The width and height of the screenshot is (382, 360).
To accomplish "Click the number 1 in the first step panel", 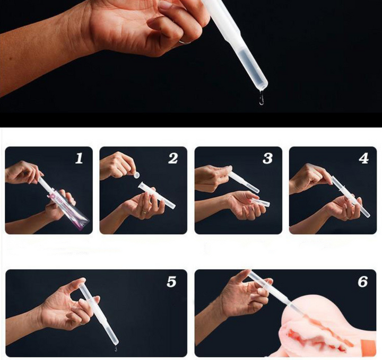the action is tap(79, 158).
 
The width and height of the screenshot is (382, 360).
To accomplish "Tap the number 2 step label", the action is tap(173, 158).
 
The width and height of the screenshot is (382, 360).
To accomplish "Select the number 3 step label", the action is tap(267, 158).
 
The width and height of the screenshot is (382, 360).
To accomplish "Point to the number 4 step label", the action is tap(363, 158).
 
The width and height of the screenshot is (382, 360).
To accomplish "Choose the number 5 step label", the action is tap(171, 282).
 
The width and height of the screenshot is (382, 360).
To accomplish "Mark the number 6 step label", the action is tap(363, 282).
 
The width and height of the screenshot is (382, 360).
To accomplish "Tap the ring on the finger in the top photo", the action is tap(185, 42).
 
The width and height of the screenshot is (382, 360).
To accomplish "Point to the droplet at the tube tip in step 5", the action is tap(116, 348).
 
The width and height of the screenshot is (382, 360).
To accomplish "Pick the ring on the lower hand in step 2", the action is tap(144, 212).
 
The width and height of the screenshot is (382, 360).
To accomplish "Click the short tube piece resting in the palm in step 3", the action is tap(261, 203).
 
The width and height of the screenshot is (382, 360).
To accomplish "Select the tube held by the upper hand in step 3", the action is tap(242, 181).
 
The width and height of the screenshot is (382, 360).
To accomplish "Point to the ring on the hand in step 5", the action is tap(83, 323).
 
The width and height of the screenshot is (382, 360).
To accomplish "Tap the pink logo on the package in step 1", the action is tap(53, 196).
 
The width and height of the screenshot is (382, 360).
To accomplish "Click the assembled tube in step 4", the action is tap(350, 196).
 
